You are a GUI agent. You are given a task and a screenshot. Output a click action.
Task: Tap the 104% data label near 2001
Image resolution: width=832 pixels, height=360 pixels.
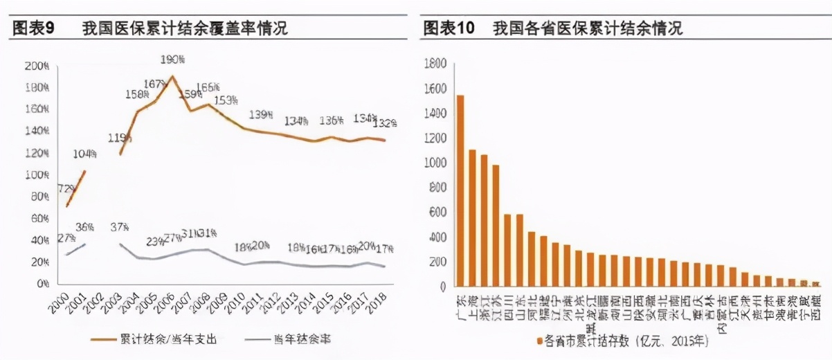(85, 154)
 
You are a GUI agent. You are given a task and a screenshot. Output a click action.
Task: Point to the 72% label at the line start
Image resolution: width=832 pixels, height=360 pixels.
(66, 188)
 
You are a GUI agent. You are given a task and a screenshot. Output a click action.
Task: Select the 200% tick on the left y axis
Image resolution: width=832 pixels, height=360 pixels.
(36, 66)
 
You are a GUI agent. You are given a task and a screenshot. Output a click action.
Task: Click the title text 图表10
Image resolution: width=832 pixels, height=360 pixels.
(449, 28)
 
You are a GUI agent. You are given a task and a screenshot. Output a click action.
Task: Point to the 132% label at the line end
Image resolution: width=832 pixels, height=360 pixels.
(385, 123)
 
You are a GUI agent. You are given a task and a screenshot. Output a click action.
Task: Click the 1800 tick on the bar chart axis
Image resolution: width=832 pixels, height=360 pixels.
(435, 64)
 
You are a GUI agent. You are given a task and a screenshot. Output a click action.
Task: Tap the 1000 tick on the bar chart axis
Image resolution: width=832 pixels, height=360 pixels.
(435, 163)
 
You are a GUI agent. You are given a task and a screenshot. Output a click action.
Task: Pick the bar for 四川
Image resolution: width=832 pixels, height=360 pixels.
(507, 250)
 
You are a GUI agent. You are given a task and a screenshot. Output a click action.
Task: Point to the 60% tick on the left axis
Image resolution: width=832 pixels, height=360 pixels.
(37, 219)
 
